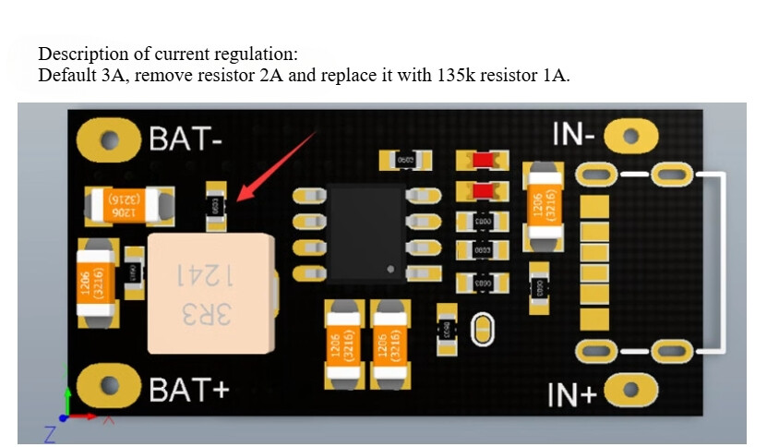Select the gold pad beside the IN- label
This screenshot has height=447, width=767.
click(x=631, y=137)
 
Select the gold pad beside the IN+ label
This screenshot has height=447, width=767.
click(x=631, y=391)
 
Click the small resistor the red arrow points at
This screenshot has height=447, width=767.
click(x=216, y=208)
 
